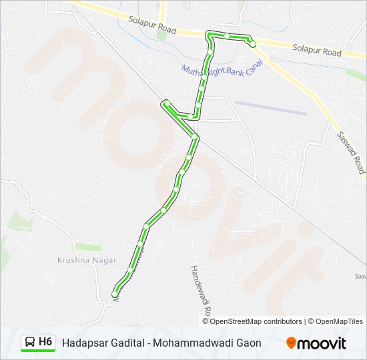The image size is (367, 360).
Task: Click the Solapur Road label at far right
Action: (x=316, y=49)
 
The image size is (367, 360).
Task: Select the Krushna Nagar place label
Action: (x=87, y=260)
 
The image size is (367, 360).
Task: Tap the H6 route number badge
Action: (x=45, y=342)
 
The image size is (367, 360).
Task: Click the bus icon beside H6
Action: (x=30, y=342)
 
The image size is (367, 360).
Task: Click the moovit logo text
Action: (x=322, y=343)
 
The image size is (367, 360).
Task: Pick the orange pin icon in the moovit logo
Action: (x=292, y=343)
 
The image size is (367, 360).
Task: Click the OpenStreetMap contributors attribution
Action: (x=256, y=321)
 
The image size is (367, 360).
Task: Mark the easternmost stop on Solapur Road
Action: (x=252, y=44)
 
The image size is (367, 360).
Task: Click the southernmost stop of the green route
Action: (x=115, y=294)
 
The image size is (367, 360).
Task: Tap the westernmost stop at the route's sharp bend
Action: (x=166, y=103)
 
